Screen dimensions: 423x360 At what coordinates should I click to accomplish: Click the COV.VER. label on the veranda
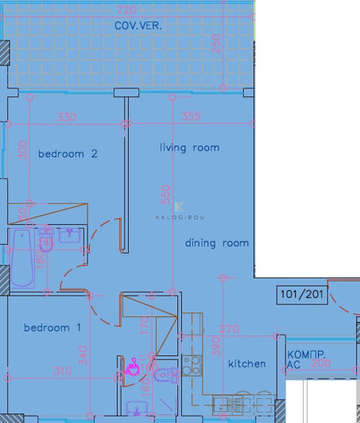138,25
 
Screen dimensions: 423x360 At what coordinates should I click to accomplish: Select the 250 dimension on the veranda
216,44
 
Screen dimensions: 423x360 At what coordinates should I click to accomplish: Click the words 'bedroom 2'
68,153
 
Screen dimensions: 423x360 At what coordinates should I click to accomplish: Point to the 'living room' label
189,147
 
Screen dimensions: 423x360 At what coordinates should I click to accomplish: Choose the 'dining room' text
216,243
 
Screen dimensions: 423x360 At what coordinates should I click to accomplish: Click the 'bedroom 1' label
52,328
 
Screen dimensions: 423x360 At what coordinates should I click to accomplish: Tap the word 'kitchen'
246,363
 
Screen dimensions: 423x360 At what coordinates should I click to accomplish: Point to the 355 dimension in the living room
191,116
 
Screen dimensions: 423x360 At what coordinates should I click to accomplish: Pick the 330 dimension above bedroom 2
66,116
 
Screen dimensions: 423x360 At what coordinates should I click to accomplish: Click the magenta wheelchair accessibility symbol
134,367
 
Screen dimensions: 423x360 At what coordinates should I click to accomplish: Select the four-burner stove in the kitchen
192,366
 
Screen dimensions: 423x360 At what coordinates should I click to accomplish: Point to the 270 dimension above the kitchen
229,328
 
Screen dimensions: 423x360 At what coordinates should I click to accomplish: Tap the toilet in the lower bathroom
165,375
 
